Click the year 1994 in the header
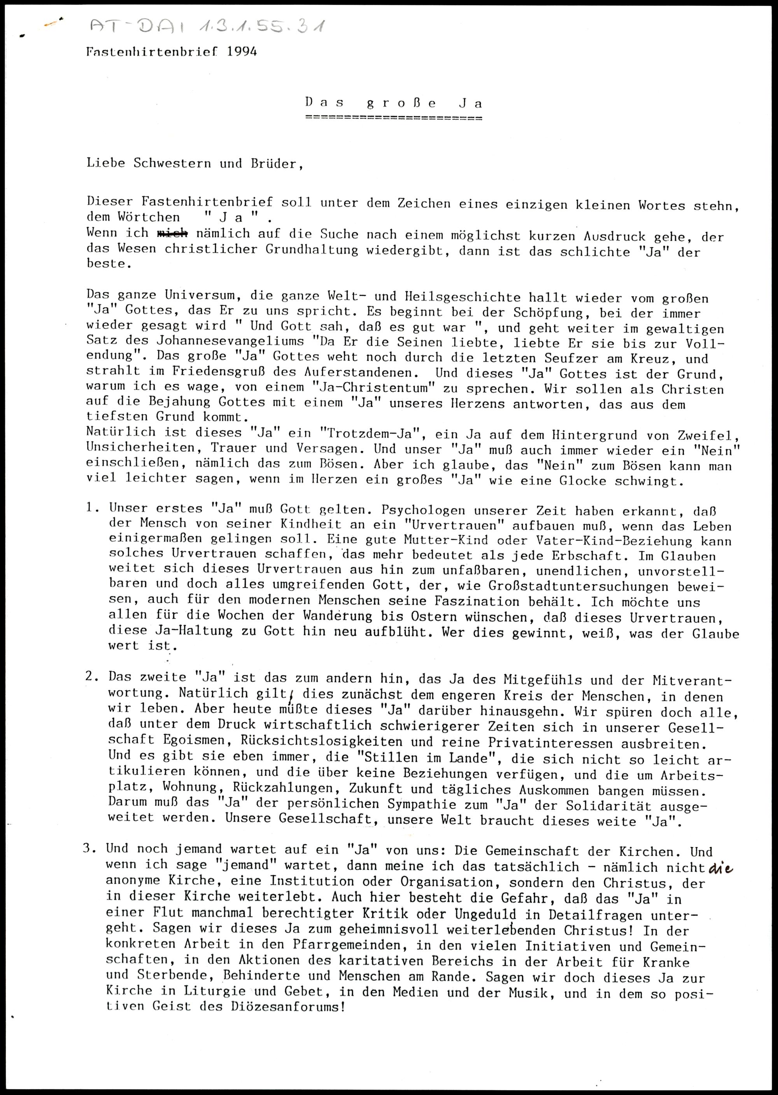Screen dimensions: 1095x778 [x=242, y=52]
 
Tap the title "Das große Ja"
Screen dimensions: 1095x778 [x=394, y=103]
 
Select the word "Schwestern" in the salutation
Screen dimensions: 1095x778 [x=172, y=163]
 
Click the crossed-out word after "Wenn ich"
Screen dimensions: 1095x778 [x=172, y=234]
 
